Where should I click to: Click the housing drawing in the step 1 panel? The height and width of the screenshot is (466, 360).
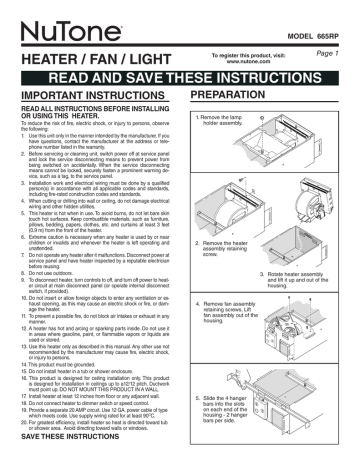coord(300,160)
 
